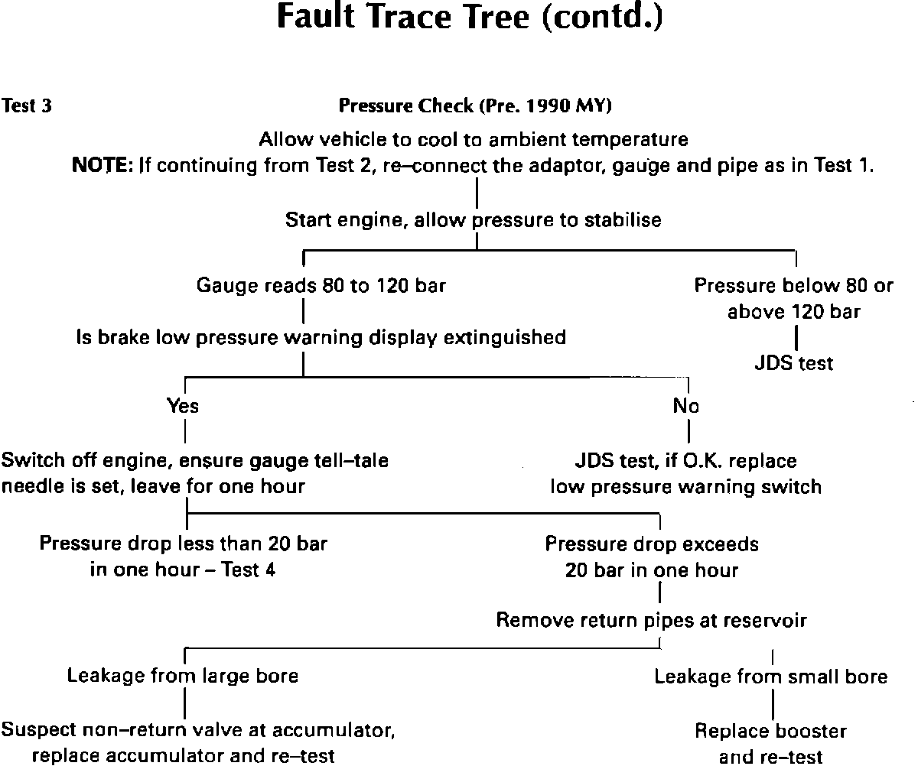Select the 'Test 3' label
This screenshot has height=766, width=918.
[x=27, y=106]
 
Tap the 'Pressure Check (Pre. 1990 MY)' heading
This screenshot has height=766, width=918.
[x=474, y=106]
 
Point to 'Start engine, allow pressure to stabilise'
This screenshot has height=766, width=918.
[x=473, y=220]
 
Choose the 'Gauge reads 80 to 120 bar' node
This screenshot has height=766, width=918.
[x=321, y=287]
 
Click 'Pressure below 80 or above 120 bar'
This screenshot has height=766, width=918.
[x=793, y=299]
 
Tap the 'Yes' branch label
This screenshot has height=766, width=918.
[x=183, y=406]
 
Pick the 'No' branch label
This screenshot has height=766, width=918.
[x=686, y=406]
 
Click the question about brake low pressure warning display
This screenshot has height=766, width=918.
[x=321, y=337]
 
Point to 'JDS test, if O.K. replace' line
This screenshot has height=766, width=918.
[x=685, y=461]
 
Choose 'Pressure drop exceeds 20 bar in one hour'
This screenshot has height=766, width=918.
[x=652, y=557]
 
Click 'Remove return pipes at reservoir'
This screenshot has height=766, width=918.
[x=651, y=620]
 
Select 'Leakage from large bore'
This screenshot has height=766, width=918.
[x=183, y=676]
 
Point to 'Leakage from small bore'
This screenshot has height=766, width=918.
[x=770, y=677]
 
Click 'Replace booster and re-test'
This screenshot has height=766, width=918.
[x=770, y=743]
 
